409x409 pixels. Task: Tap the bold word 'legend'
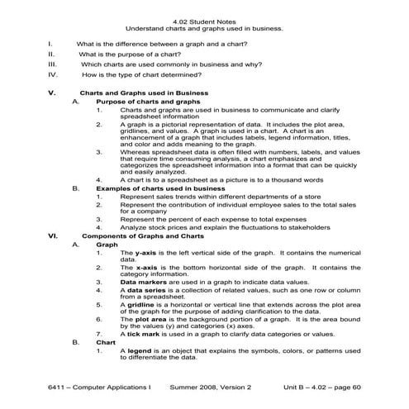(142, 351)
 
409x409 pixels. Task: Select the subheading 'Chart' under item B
(106, 341)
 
